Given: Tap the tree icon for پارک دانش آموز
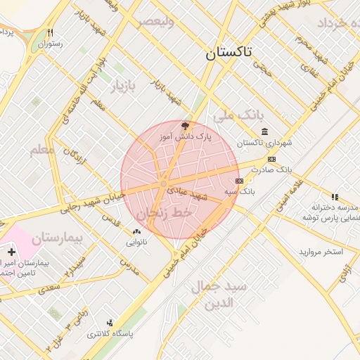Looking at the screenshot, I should point(185,126).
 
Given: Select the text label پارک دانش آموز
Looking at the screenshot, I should point(185,136).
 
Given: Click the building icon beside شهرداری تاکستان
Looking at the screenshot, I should point(264,131).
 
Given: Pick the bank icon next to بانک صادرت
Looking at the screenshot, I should point(271,159).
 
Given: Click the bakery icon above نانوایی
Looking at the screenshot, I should point(136,232).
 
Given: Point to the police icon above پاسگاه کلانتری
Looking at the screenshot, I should point(109,323).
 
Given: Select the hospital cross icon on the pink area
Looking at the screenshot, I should point(11,251).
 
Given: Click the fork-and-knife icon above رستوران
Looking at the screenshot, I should point(50,32).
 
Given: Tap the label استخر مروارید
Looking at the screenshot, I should point(321,252).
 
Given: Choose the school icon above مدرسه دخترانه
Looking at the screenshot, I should point(335,197).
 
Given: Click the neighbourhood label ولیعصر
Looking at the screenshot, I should point(155,21).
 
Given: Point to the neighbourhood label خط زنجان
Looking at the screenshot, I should point(164,212).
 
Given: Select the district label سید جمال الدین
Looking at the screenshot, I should point(219,295).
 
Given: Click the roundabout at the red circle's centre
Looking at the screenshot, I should point(163,184).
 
